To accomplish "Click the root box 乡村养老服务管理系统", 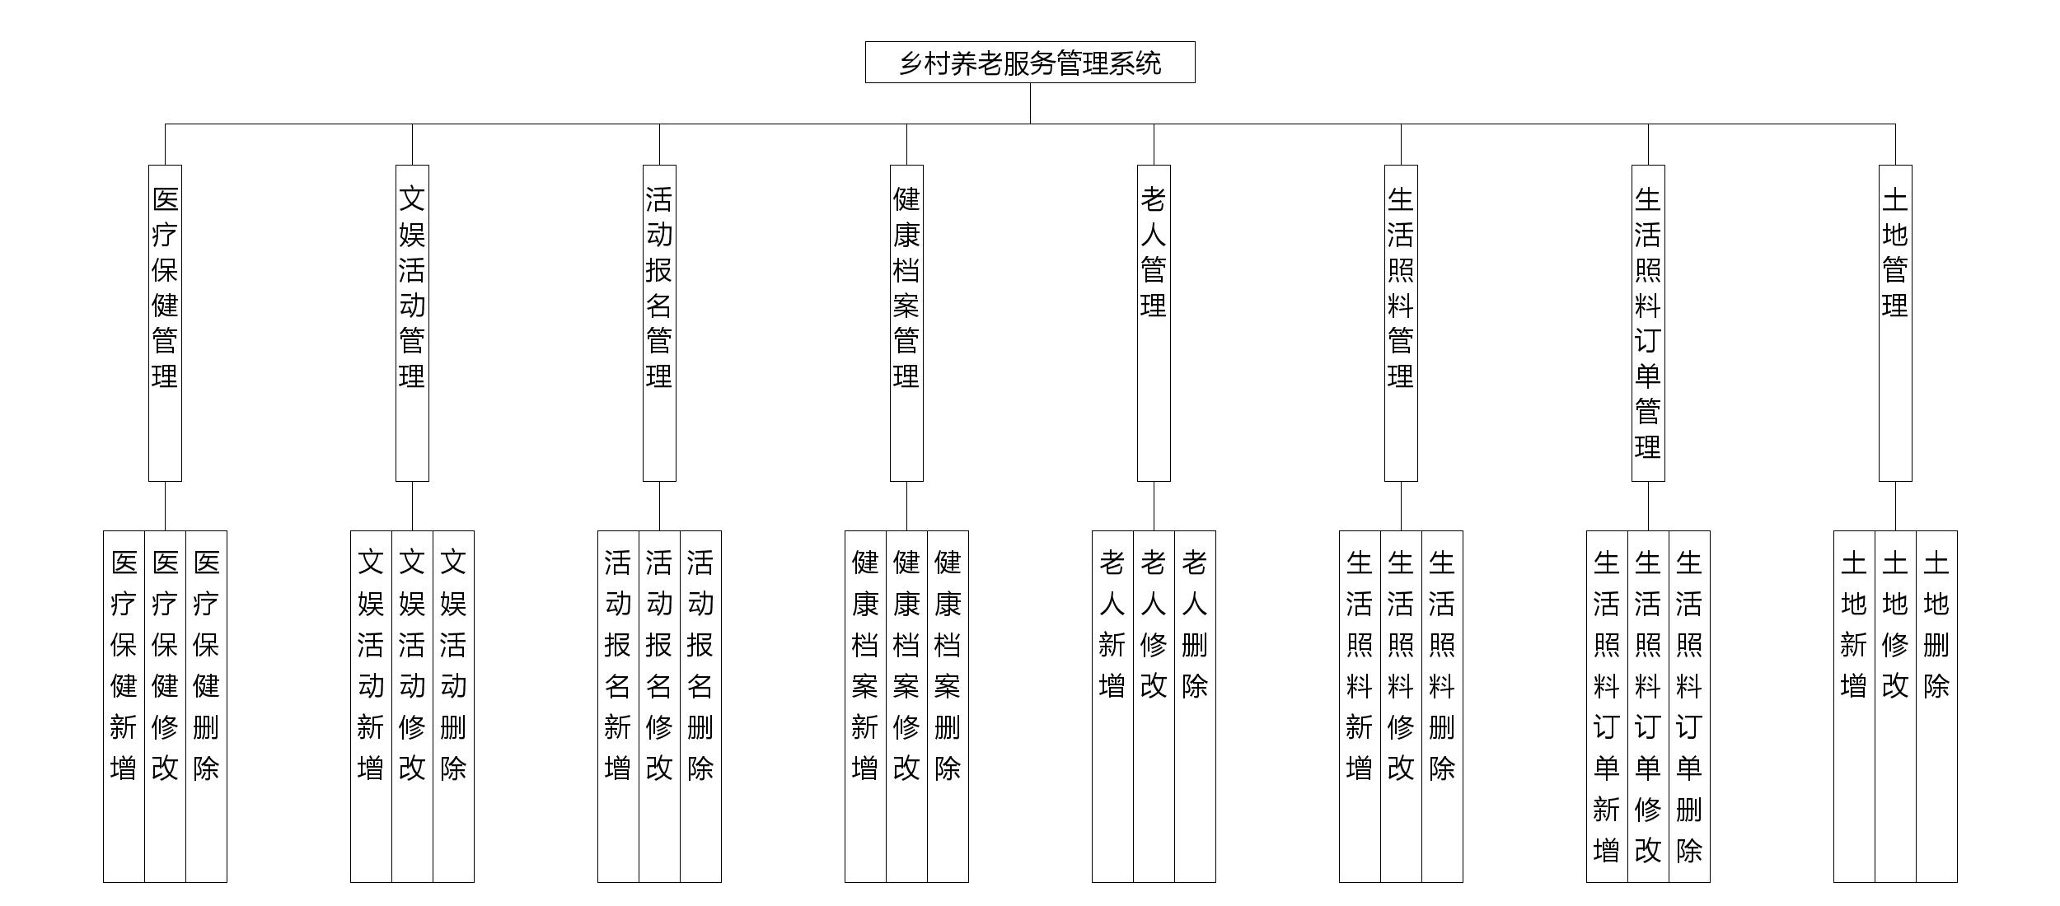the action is point(1030,63).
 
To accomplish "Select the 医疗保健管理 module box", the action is point(165,323).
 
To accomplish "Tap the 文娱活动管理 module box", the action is point(412,323).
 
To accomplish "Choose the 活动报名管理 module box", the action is point(659,323).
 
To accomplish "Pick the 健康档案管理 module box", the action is point(906,323).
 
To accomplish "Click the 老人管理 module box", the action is point(1154,323).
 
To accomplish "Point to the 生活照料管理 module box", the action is point(1401,323).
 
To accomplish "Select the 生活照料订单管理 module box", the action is point(1648,323).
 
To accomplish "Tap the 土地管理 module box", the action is point(1895,323).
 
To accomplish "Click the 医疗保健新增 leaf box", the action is point(124,706).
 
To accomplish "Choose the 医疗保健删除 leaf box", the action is point(206,706).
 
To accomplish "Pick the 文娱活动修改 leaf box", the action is point(412,706).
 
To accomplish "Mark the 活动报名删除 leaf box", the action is point(700,706).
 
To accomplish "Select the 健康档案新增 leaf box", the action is point(865,706).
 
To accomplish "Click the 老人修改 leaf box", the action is point(1154,706).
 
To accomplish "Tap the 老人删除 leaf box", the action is point(1195,706).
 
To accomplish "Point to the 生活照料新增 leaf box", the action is point(1360,706).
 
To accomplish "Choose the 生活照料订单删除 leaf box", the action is point(1689,706).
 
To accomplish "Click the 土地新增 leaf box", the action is point(1854,706).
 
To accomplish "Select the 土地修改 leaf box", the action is point(1895,706).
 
